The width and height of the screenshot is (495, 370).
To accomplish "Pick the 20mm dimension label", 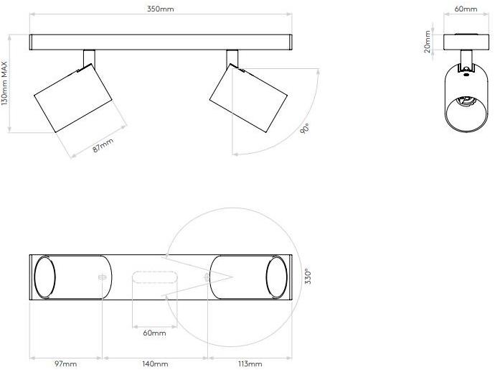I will click(x=428, y=42).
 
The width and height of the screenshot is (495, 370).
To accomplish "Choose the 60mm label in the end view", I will click(x=466, y=9).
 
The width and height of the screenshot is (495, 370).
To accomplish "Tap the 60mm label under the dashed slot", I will click(x=154, y=333).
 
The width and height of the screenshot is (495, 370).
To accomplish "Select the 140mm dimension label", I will click(x=156, y=364).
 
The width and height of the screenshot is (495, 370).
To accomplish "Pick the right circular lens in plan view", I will click(x=276, y=277).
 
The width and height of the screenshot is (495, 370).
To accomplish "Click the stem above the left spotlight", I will click(x=89, y=57).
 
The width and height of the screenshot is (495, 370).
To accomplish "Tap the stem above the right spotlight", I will click(x=232, y=57).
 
